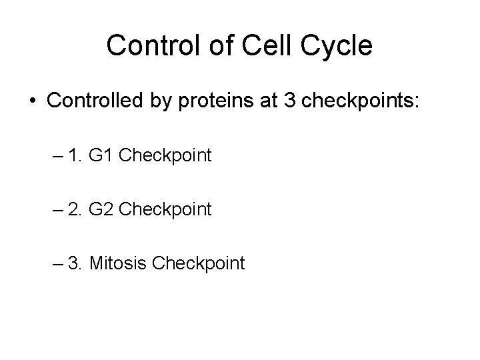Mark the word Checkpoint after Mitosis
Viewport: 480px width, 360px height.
click(198, 263)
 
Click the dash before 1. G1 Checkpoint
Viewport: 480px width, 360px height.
click(56, 157)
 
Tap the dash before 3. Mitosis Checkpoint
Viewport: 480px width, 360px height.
click(56, 264)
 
